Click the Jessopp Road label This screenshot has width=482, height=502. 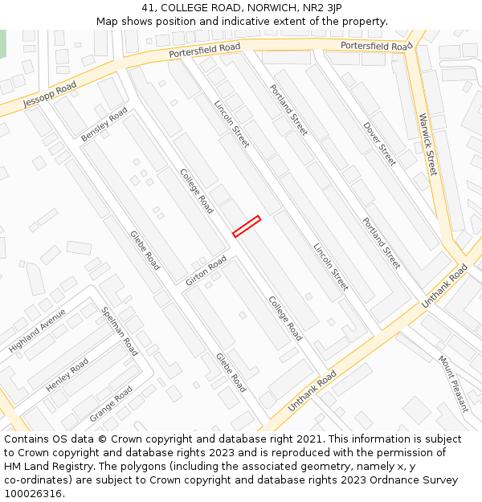50,94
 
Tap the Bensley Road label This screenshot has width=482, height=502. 104,125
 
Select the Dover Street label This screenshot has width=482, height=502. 379,144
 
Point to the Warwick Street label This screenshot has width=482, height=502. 427,145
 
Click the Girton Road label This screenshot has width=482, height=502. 206,271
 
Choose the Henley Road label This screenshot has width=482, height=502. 67,375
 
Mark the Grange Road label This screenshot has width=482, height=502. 111,404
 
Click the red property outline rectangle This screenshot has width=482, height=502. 247,227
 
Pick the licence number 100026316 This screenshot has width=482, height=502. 33,493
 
